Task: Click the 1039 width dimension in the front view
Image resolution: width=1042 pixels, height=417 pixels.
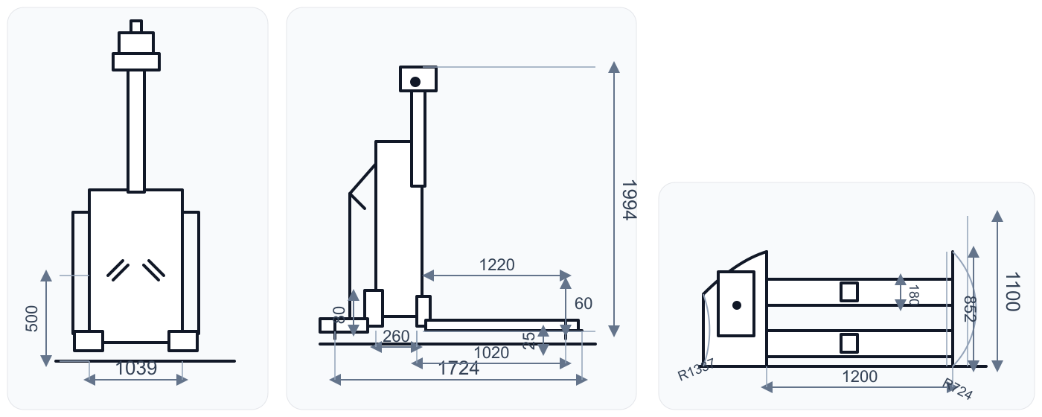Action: (x=136, y=368)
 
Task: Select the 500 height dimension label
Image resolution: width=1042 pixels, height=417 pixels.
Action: (x=32, y=318)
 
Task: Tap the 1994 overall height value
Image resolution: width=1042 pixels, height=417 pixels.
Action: (x=629, y=200)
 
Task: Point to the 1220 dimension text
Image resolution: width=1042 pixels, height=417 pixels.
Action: (x=496, y=265)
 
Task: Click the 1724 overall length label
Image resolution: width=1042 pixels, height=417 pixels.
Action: (x=458, y=368)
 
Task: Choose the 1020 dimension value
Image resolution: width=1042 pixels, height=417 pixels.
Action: (x=491, y=353)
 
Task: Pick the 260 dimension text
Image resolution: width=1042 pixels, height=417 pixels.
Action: (x=395, y=337)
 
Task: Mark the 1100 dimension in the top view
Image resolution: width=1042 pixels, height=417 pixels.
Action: (x=1011, y=291)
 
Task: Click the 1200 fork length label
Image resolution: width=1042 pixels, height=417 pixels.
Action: (x=860, y=377)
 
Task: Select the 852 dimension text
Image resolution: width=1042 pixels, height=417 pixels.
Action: (x=969, y=309)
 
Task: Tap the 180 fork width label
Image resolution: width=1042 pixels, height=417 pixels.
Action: (x=914, y=295)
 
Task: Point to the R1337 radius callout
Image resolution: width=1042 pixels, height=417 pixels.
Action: (x=695, y=370)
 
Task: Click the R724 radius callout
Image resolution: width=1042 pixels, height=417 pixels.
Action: (x=957, y=389)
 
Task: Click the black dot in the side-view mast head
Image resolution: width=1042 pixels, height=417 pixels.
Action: (x=415, y=81)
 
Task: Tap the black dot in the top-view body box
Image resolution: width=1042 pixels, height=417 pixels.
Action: (x=736, y=305)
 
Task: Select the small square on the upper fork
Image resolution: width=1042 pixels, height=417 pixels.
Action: (x=849, y=292)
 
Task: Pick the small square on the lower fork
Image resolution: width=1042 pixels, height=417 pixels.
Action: (x=849, y=343)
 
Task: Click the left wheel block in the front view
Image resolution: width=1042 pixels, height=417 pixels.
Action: (x=89, y=341)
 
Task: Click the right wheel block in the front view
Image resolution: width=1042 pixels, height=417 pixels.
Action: (x=183, y=341)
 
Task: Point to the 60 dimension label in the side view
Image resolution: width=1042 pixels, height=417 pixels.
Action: (x=584, y=304)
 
